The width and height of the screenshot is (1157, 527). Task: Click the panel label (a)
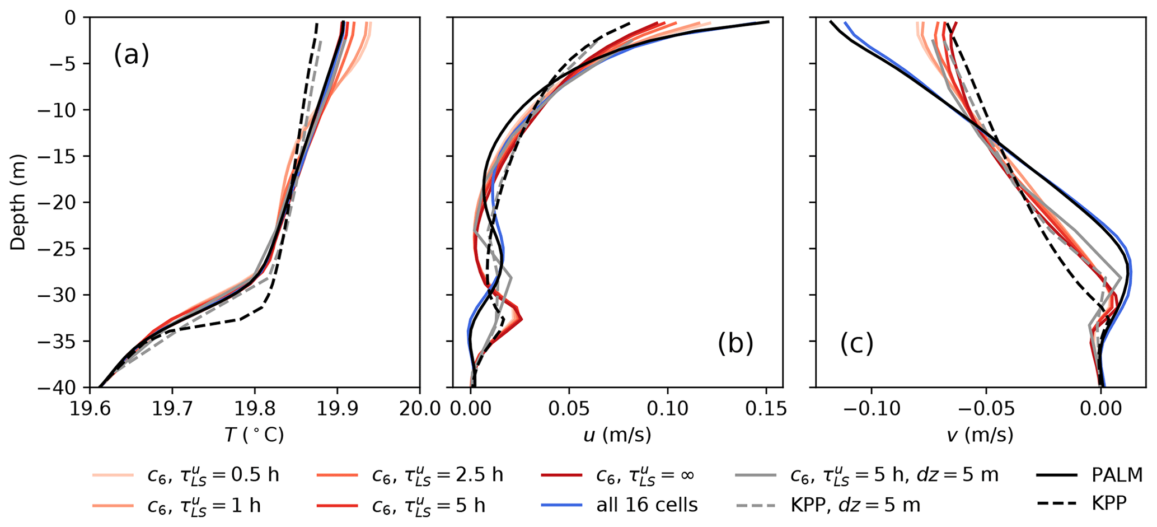pos(132,56)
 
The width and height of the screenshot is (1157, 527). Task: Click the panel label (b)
pos(736,344)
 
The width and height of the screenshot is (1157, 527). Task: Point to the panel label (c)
pos(856,344)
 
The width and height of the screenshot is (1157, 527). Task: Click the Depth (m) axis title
pos(18,202)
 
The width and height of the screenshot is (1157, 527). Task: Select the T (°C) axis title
pos(254,435)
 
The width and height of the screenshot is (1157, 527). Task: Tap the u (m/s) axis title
pos(617,435)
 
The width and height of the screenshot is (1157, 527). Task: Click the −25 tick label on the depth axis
pos(53,249)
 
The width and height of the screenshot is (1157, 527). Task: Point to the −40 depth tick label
pos(53,388)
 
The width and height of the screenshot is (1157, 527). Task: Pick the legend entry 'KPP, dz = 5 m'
pos(855,505)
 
